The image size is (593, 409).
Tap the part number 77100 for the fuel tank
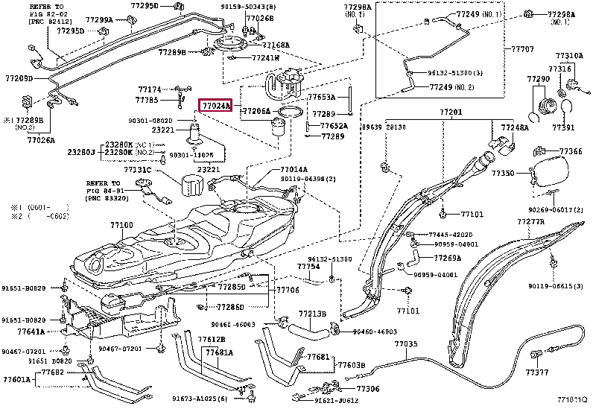(x=121, y=225)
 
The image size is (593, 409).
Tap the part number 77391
(x=563, y=127)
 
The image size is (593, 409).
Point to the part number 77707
(x=522, y=49)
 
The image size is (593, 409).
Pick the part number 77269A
(x=447, y=258)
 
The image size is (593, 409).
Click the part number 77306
(x=367, y=388)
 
